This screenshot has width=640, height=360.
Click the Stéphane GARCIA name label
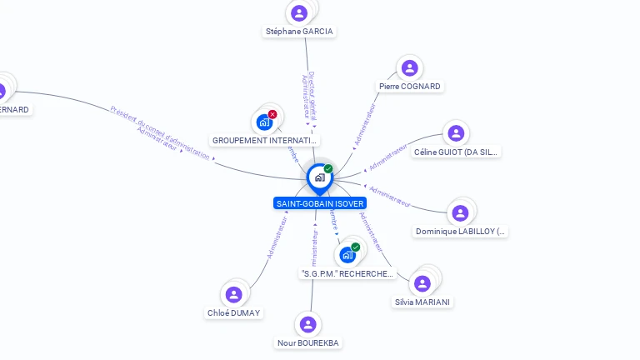299,32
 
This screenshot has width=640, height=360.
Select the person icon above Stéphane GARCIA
299,12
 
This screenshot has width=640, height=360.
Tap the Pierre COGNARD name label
409,86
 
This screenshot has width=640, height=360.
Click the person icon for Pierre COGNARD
409,67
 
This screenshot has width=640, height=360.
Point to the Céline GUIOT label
456,152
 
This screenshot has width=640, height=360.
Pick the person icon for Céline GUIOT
456,133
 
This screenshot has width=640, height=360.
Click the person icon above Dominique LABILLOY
459,212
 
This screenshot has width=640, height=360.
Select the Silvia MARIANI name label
423,302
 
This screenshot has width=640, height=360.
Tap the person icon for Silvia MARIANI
422,283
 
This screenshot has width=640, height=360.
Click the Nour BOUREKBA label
308,342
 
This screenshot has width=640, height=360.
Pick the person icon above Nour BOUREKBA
308,324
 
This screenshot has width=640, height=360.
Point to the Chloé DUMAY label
233,313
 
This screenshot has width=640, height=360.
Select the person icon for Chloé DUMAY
233,294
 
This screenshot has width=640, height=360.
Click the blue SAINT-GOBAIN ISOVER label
319,203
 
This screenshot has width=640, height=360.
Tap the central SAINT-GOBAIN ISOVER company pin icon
319,177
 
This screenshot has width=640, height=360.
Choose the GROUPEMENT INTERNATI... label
265,141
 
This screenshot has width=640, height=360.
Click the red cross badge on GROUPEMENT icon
272,114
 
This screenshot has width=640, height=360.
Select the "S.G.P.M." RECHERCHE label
347,274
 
